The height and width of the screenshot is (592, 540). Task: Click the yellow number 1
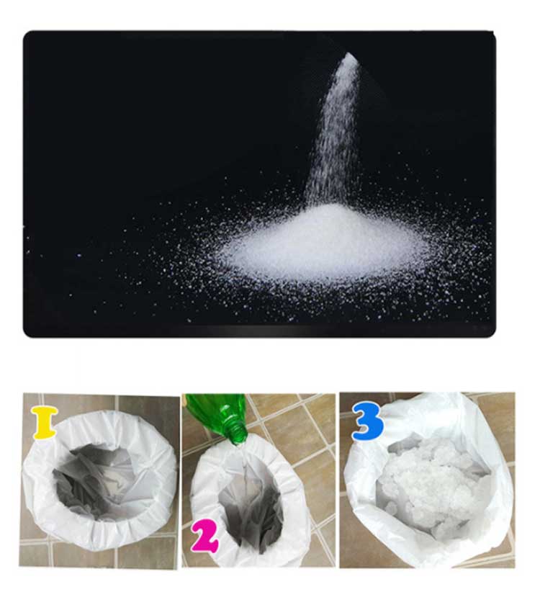[45, 422]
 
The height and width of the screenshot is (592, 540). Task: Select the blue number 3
[368, 421]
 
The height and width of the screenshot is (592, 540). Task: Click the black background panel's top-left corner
[24, 32]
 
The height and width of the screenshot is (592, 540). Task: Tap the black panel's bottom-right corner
[495, 336]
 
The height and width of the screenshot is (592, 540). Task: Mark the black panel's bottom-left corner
[24, 336]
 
